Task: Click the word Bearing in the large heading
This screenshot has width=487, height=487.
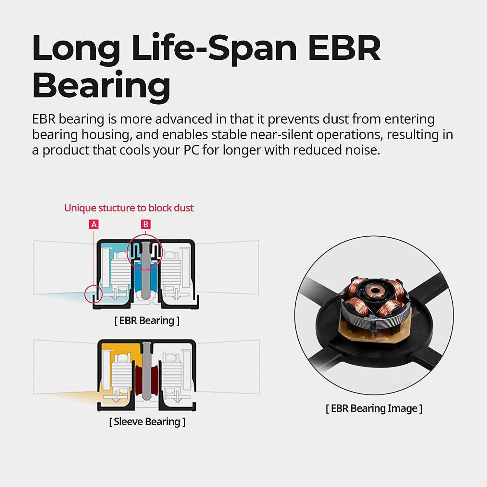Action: (101, 85)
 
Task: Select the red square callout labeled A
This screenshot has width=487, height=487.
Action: (94, 224)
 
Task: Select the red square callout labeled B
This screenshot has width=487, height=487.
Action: (146, 224)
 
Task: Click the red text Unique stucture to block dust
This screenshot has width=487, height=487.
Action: (129, 208)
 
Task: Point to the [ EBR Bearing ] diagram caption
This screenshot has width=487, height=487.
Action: (147, 320)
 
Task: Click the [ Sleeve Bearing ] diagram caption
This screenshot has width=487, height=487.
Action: (147, 422)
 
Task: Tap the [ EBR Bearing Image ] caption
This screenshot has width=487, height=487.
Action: (374, 408)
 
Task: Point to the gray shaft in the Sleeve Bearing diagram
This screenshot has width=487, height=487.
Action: (147, 372)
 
